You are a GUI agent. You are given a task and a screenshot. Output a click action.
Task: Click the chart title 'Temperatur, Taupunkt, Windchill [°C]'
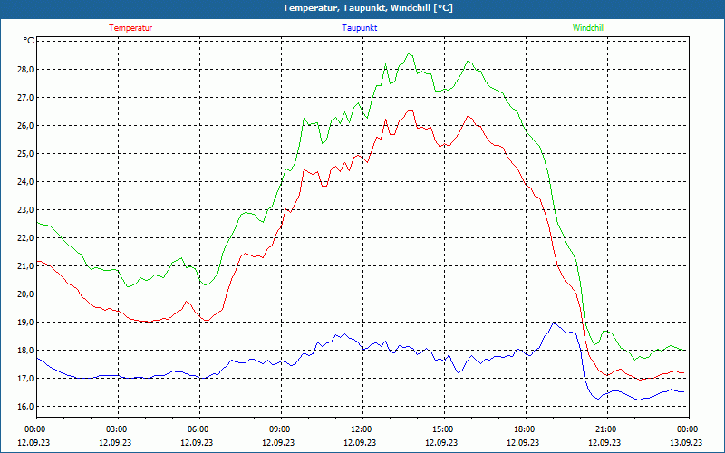(368, 8)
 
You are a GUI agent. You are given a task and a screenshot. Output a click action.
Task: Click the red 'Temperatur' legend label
(130, 28)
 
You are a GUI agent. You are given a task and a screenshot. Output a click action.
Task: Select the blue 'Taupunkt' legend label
(360, 28)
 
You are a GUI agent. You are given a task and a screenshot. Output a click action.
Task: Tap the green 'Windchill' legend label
(589, 28)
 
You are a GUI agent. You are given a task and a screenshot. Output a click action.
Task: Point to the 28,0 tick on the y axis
(24, 70)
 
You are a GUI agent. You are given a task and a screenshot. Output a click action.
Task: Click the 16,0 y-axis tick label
(24, 407)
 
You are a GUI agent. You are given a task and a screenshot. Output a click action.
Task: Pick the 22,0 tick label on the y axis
(24, 238)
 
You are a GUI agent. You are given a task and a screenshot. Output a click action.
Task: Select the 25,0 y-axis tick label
(24, 154)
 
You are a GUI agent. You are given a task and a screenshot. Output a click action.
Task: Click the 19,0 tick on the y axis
(24, 323)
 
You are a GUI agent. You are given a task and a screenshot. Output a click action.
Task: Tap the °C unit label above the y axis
(29, 41)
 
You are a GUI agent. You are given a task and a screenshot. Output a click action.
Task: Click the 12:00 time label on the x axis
(361, 429)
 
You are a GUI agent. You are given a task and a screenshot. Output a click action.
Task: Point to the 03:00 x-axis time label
(116, 429)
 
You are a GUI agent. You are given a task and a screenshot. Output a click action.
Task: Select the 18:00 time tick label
(524, 429)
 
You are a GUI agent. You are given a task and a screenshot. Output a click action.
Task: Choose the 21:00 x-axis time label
(605, 429)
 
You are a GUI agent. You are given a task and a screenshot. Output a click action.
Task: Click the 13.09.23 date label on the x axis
(686, 443)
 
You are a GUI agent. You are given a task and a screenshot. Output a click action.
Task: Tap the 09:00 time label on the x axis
(279, 429)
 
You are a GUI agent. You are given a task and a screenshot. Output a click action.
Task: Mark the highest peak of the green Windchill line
(410, 54)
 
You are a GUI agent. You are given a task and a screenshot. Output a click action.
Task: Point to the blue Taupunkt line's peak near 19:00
(554, 323)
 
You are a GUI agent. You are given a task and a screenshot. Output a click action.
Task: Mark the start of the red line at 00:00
(37, 261)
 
